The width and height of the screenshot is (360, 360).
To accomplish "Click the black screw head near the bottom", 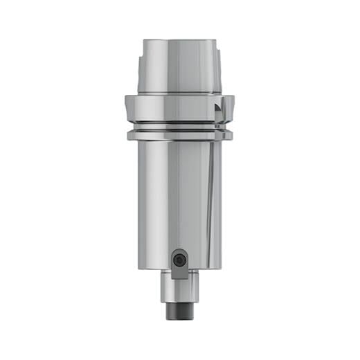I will pyautogui.click(x=180, y=260).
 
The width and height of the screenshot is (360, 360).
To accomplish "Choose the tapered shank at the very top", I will pyautogui.click(x=179, y=66).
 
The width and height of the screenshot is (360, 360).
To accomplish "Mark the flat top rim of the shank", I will pyautogui.click(x=179, y=40).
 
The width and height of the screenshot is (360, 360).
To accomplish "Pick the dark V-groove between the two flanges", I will pyautogui.click(x=177, y=127).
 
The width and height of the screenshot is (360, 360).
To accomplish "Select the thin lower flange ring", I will pyautogui.click(x=177, y=136).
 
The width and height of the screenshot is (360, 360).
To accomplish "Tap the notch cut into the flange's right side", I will pyautogui.click(x=220, y=111).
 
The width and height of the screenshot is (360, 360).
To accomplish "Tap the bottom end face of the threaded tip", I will pyautogui.click(x=179, y=319).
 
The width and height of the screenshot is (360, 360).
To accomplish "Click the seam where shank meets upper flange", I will pyautogui.click(x=179, y=95).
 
